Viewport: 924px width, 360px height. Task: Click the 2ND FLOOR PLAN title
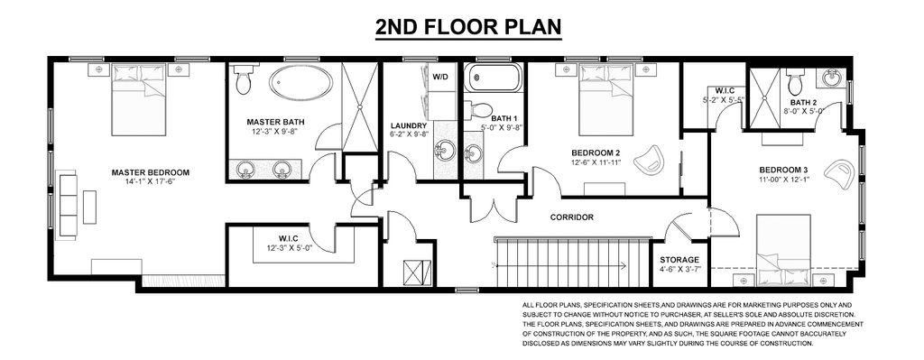pos(468,27)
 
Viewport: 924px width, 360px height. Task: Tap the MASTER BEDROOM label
pos(151,172)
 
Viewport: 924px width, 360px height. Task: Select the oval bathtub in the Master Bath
pos(300,82)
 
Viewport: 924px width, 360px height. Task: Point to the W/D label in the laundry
pos(440,77)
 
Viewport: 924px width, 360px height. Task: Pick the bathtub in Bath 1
pos(494,78)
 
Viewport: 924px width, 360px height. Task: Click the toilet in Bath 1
pos(478,110)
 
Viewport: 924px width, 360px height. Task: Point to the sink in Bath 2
pos(833,78)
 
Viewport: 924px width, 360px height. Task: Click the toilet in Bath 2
pos(795,82)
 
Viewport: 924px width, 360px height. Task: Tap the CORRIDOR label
pos(571,217)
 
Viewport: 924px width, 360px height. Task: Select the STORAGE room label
pos(679,260)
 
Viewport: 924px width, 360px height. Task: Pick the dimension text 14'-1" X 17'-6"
pos(151,182)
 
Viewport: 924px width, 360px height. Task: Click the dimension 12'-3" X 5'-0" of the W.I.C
pos(289,248)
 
